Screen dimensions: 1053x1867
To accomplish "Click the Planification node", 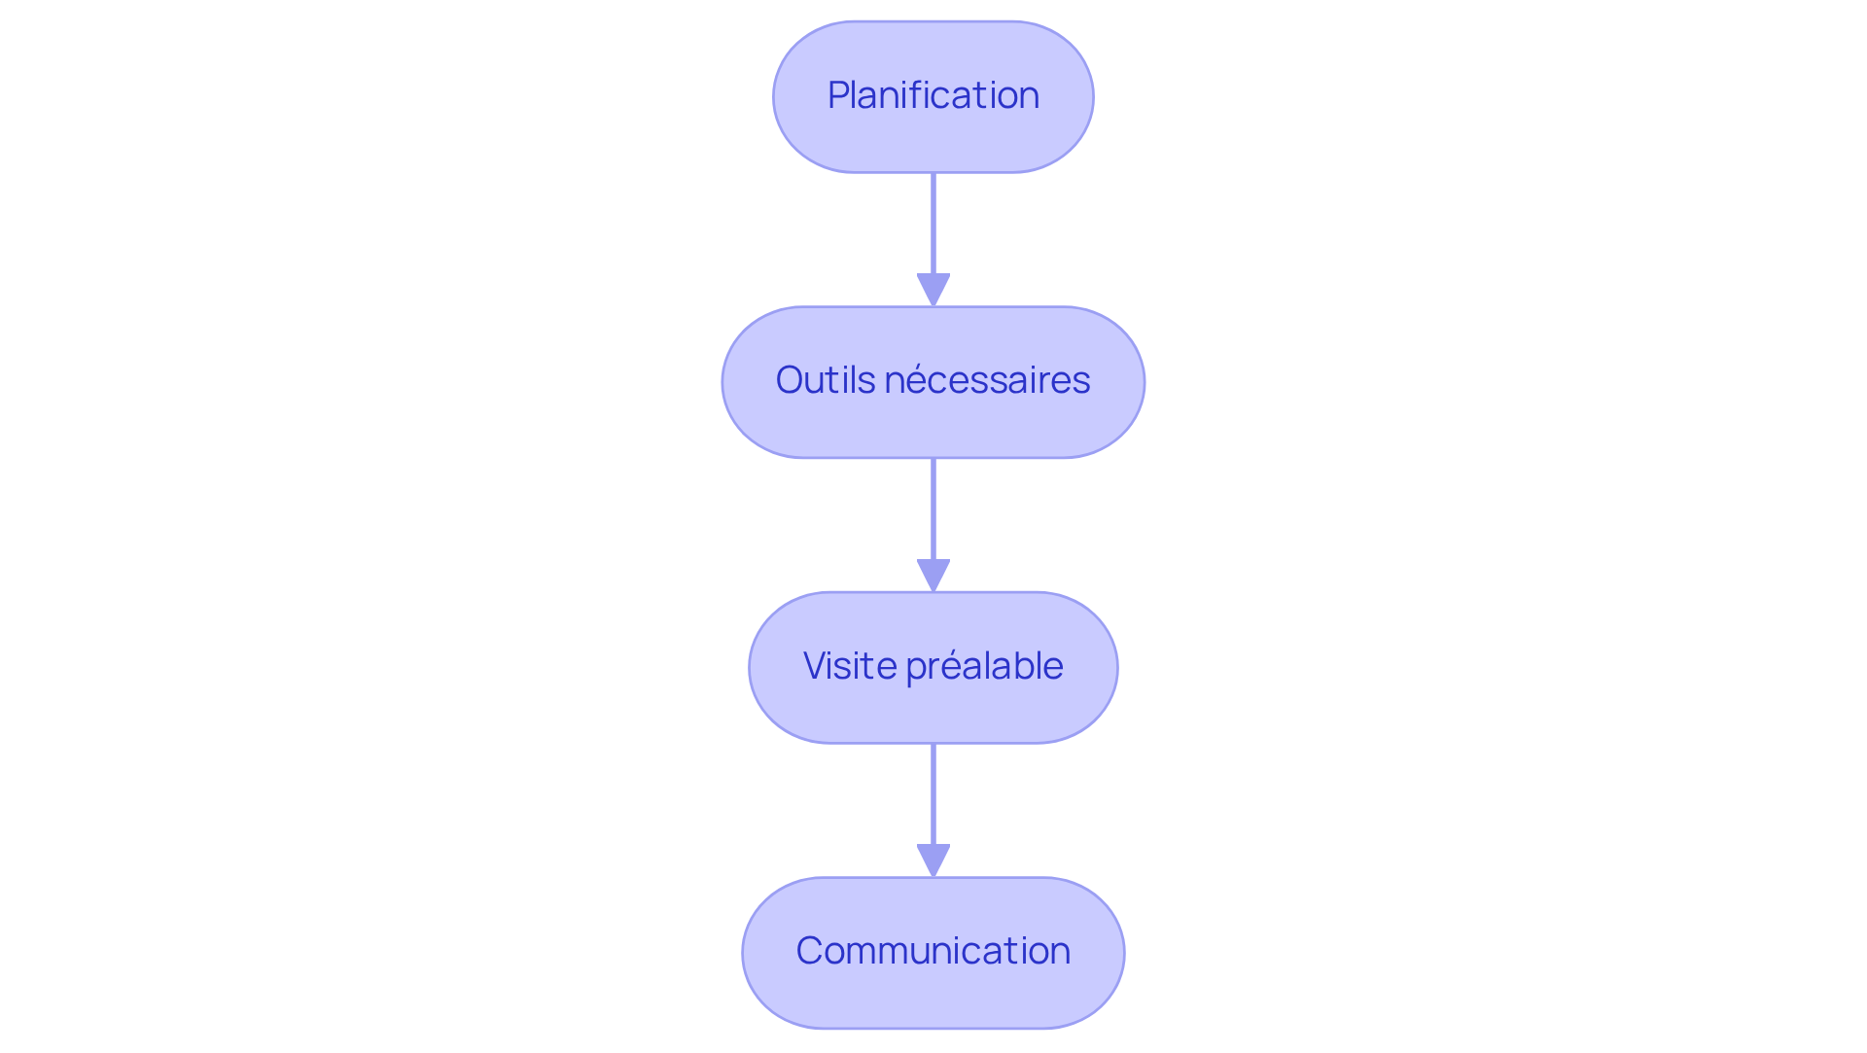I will coord(933,97).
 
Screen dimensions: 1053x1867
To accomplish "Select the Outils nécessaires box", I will coord(933,382).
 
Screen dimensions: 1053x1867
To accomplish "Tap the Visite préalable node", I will coord(933,668).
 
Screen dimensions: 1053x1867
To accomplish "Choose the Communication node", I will coord(933,953).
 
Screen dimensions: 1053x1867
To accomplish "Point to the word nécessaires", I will coord(987,380).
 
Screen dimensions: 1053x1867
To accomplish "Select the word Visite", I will coord(850,666).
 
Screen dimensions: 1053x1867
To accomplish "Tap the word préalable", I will coord(984,667).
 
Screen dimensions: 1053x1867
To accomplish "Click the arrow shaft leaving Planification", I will coord(933,224).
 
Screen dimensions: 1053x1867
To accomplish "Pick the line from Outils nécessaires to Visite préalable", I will coord(933,509).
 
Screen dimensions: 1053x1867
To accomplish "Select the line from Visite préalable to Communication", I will coord(933,794).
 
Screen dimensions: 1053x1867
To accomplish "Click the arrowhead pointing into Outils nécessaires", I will coord(933,290).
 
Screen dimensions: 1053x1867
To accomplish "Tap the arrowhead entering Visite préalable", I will coord(933,575).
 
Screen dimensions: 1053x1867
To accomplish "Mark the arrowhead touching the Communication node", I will coord(933,860).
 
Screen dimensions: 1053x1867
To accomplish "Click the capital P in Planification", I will coord(837,95).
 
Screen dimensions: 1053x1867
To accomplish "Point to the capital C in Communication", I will coord(809,951).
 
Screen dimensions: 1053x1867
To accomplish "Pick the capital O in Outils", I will coord(790,380).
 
